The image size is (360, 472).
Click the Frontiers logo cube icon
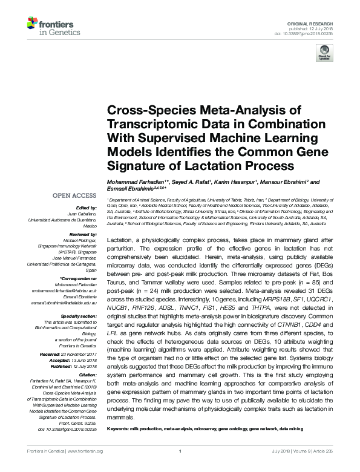(33, 24)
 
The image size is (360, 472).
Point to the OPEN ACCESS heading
(74, 195)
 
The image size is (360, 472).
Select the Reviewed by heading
(83, 234)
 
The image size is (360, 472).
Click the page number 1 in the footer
(180, 468)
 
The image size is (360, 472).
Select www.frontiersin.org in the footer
(85, 468)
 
